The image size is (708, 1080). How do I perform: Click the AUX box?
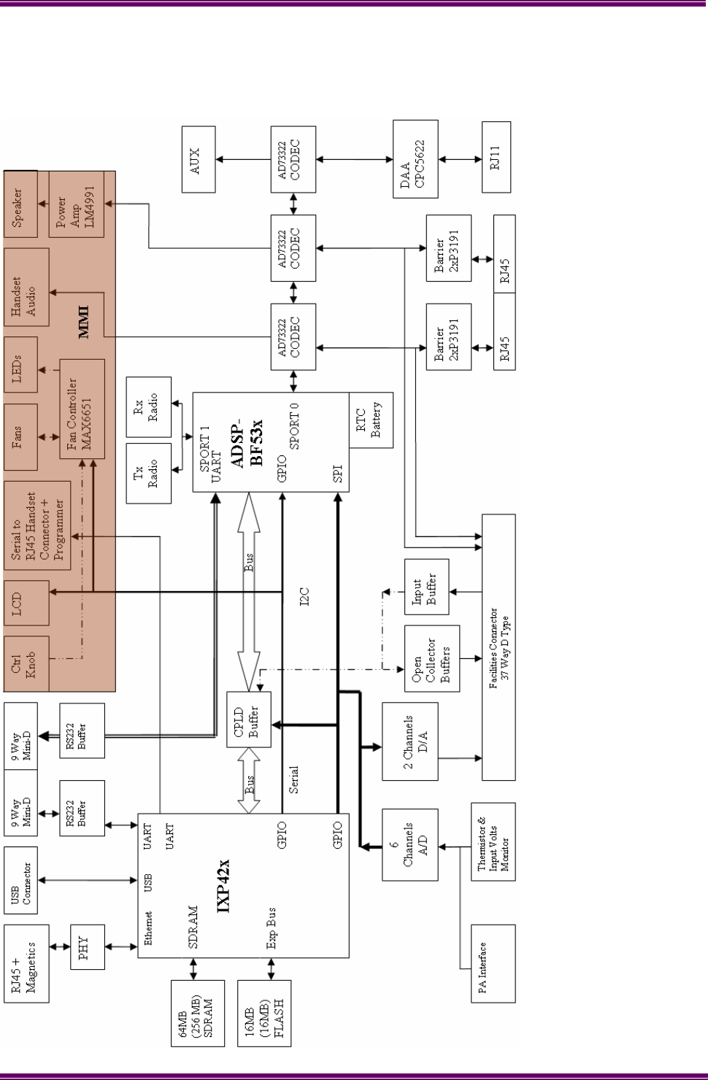click(x=199, y=158)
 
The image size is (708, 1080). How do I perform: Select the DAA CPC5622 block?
click(x=415, y=158)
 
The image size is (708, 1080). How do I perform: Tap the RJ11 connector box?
click(x=496, y=157)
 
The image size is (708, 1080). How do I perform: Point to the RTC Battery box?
click(x=372, y=420)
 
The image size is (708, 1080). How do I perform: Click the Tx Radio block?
click(x=148, y=472)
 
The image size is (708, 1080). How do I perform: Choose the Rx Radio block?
click(x=148, y=406)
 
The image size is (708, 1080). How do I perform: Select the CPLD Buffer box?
click(x=249, y=720)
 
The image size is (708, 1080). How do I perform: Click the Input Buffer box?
click(x=426, y=587)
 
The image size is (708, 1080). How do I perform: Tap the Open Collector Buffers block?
click(x=432, y=658)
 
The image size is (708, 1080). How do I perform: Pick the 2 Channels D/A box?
click(x=409, y=741)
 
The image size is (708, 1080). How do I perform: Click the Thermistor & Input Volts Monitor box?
click(x=493, y=844)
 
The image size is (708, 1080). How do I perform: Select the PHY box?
click(x=87, y=947)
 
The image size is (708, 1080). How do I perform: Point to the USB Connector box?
click(x=20, y=879)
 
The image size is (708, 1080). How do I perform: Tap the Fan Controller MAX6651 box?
click(x=82, y=409)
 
